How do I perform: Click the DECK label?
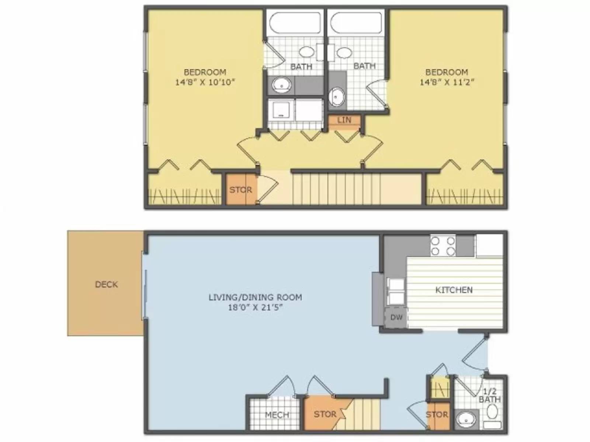[107, 284]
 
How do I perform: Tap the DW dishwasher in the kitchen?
[396, 317]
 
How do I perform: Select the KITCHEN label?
[454, 290]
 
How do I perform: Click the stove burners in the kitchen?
[443, 246]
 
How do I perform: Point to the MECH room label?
[277, 415]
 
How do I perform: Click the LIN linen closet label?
[344, 120]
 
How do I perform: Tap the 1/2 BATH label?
[490, 396]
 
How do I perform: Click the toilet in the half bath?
[492, 414]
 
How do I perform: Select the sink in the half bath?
[465, 419]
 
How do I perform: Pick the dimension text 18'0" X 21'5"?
[255, 307]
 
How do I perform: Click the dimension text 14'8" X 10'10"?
[205, 82]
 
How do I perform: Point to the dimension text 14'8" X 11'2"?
[447, 82]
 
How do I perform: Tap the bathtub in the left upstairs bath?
[295, 23]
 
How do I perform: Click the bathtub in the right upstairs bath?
[356, 23]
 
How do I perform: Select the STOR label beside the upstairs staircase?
[240, 190]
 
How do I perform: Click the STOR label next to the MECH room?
[325, 414]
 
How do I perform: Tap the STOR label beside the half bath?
[437, 415]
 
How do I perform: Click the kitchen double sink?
[395, 291]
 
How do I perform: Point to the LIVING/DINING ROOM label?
[255, 297]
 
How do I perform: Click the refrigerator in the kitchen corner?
[489, 245]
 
